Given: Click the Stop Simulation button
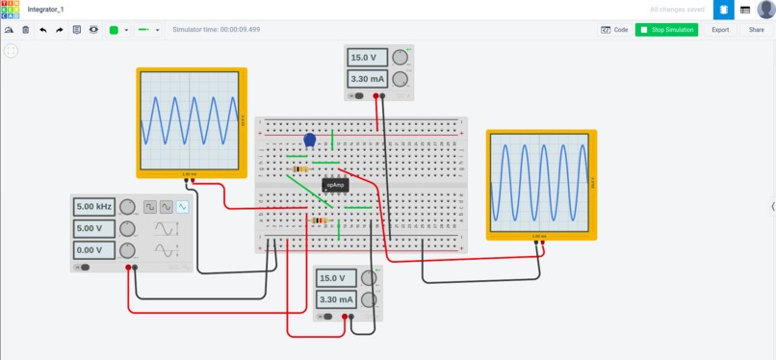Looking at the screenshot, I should pyautogui.click(x=666, y=30).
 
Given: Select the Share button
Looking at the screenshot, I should pyautogui.click(x=757, y=30).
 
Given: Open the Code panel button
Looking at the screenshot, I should pyautogui.click(x=614, y=30).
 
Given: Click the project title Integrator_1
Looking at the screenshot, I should pyautogui.click(x=44, y=9).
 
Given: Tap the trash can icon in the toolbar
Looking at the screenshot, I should pyautogui.click(x=26, y=30).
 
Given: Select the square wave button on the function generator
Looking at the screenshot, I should pyautogui.click(x=150, y=207).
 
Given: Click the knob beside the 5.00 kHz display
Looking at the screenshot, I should pyautogui.click(x=128, y=207).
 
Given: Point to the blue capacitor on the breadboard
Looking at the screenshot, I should pyautogui.click(x=310, y=141).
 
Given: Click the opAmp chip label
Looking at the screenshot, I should pyautogui.click(x=335, y=185).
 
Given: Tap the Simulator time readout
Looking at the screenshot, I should pyautogui.click(x=216, y=30).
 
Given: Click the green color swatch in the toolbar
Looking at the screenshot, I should pyautogui.click(x=114, y=30).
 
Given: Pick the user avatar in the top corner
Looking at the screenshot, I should pyautogui.click(x=765, y=10).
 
